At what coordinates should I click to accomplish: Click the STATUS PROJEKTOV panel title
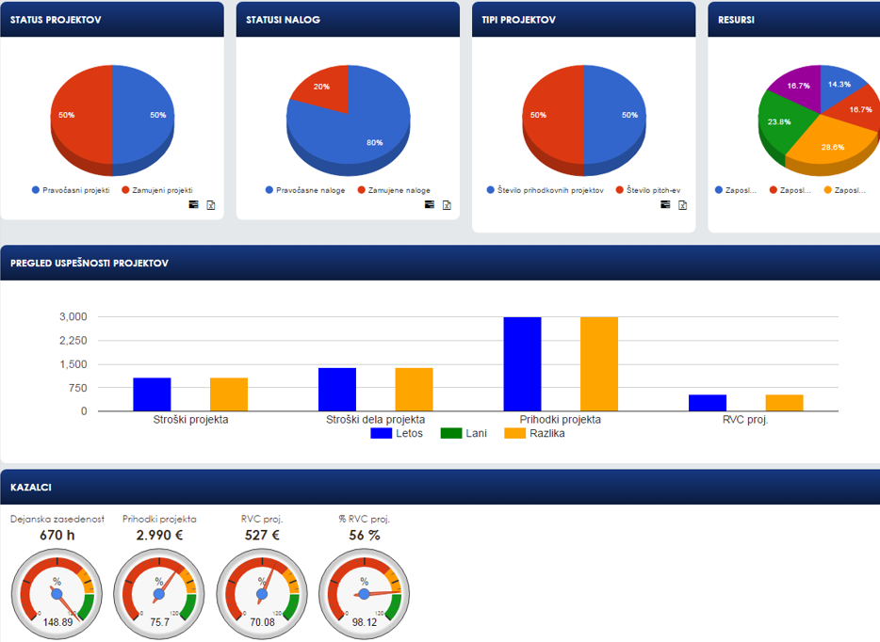click(56, 20)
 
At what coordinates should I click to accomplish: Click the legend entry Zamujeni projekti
click(163, 190)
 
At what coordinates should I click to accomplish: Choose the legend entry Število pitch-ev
click(648, 190)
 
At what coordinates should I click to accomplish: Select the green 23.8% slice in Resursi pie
click(780, 127)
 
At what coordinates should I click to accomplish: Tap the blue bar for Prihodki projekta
click(522, 363)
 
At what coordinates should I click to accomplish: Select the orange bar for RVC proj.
click(784, 402)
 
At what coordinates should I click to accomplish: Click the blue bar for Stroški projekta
click(152, 393)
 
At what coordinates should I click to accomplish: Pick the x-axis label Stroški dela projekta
click(375, 420)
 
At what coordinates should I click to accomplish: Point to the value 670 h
click(57, 535)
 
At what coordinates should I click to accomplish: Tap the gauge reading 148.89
click(57, 621)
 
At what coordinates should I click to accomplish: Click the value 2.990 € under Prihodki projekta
click(159, 535)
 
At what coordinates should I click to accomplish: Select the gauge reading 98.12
click(364, 621)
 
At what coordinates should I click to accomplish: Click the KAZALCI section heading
click(31, 488)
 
